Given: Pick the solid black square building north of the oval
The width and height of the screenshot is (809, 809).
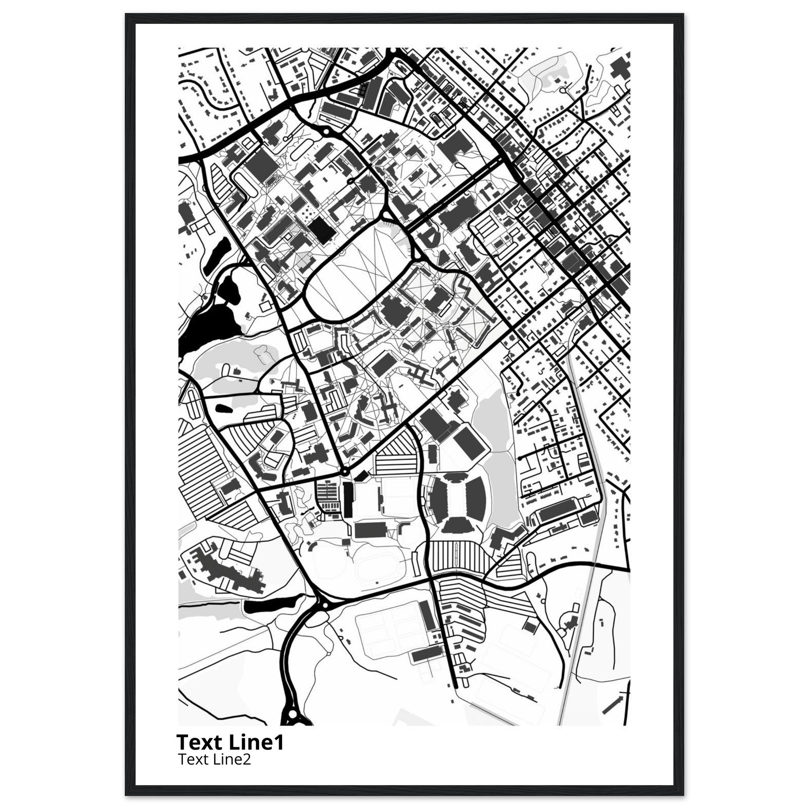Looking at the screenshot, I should coord(322,229).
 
